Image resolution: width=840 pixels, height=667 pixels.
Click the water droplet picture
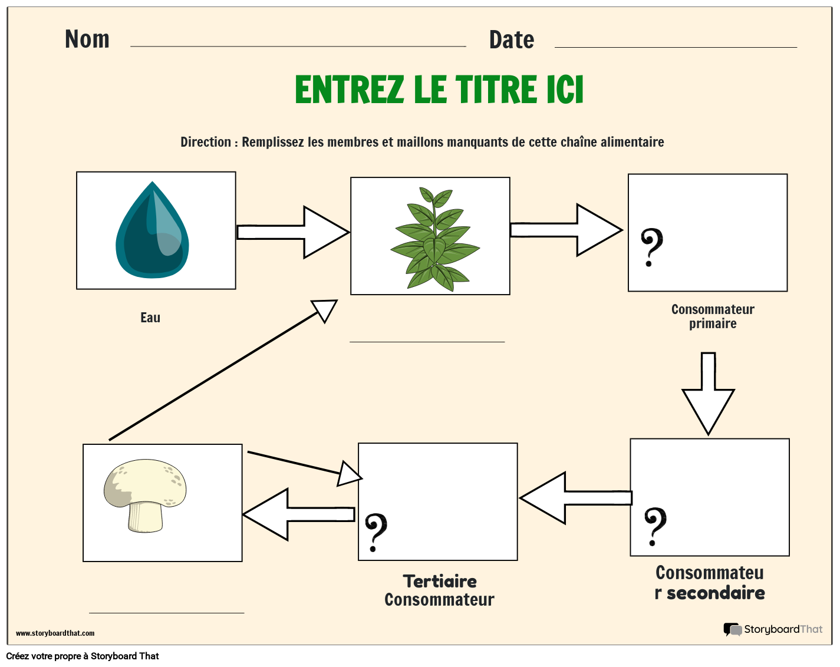click(x=152, y=230)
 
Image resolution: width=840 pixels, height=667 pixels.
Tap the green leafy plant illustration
click(x=434, y=239)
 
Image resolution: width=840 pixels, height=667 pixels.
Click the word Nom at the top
click(x=87, y=39)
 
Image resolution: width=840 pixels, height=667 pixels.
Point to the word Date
click(x=511, y=40)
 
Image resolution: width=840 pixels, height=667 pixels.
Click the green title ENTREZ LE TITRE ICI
click(x=439, y=90)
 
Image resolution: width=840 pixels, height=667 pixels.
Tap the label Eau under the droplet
click(x=150, y=318)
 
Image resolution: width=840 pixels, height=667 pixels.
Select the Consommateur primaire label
click(x=713, y=316)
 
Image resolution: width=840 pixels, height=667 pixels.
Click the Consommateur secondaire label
click(x=710, y=583)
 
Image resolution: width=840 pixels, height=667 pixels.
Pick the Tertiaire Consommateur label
click(x=439, y=590)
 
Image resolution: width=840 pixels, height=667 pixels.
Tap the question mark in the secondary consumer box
click(x=654, y=526)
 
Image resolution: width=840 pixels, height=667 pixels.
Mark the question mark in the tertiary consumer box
click(x=375, y=532)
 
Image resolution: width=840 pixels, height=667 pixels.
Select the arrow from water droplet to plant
click(x=292, y=232)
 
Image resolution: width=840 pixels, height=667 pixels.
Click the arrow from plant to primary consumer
click(x=566, y=230)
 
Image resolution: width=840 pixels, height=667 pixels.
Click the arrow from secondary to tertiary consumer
click(x=575, y=498)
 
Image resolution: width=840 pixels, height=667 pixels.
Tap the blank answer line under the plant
click(x=427, y=341)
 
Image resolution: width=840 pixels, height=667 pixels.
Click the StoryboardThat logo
click(x=773, y=629)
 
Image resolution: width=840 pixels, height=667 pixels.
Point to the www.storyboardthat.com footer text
click(x=55, y=633)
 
